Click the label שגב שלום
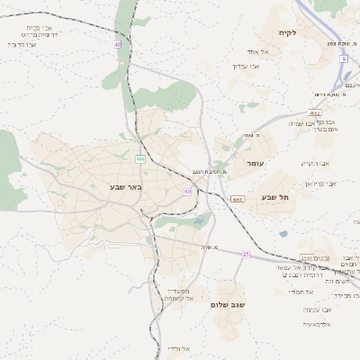click(228, 305)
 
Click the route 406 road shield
click(140, 158)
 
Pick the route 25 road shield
click(246, 255)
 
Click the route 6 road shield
click(343, 58)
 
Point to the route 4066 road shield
click(238, 199)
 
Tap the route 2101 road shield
click(314, 112)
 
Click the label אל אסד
click(271, 52)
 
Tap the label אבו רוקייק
click(317, 163)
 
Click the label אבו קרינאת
click(319, 184)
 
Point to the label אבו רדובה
click(20, 43)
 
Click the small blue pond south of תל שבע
click(283, 234)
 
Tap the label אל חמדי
click(300, 292)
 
